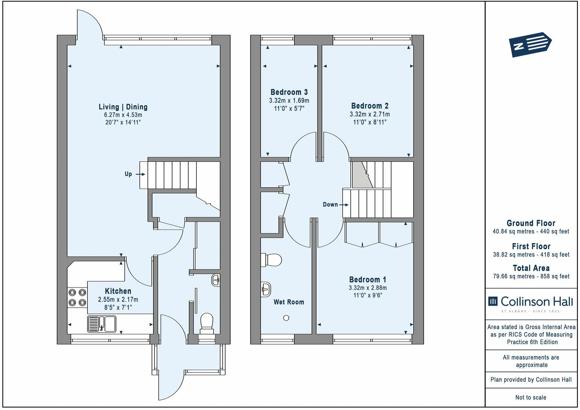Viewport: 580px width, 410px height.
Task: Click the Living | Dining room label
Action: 123,107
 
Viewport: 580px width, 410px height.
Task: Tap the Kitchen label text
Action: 118,291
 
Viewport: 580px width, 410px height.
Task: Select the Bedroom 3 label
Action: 289,92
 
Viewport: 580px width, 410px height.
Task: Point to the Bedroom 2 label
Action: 369,106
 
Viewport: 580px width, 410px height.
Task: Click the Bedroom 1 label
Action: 367,279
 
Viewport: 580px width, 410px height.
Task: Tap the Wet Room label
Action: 289,302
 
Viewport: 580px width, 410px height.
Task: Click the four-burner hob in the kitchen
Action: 77,297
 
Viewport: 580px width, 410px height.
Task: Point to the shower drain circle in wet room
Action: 286,318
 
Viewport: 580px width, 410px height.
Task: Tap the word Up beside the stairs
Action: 128,174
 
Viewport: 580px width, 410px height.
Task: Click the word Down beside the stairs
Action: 330,204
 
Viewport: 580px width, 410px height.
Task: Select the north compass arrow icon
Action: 530,44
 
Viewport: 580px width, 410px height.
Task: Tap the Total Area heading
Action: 531,268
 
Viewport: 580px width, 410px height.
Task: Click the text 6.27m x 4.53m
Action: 123,115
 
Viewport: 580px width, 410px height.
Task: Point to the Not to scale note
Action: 531,397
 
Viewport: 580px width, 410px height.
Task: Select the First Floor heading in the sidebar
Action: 531,246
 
